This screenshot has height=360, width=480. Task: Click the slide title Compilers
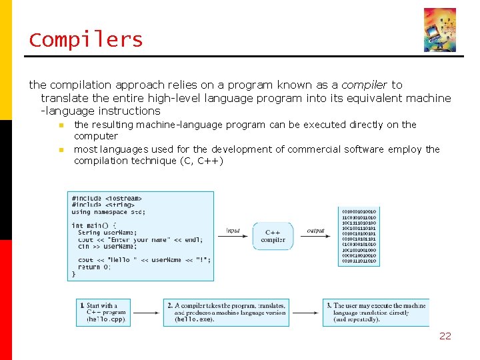point(86,40)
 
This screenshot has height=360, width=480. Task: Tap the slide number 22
point(445,336)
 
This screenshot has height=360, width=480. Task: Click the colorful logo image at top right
point(440,30)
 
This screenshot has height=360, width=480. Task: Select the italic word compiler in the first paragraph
point(364,85)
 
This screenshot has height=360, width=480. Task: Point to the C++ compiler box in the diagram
point(273,236)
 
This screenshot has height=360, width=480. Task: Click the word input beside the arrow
point(233,231)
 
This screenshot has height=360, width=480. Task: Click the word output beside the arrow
point(315,231)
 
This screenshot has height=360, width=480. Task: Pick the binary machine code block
point(359,237)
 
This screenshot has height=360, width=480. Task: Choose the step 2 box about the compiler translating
point(226,312)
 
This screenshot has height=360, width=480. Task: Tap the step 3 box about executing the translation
point(376,312)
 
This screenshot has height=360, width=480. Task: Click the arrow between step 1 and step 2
point(150,312)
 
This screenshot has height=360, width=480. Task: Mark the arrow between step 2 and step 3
point(306,312)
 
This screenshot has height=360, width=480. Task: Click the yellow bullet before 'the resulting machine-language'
point(60,125)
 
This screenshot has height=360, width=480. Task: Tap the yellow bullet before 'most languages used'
point(60,149)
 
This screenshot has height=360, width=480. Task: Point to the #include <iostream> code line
point(107,198)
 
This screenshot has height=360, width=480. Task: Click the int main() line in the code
point(94,225)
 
